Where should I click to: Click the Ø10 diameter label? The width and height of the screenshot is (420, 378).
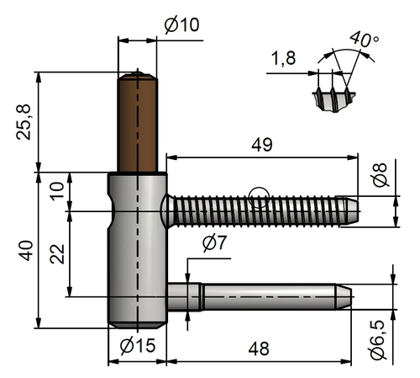tap(181, 25)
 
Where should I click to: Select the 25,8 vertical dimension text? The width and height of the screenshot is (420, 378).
tap(26, 123)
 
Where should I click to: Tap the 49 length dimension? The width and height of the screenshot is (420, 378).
tap(262, 144)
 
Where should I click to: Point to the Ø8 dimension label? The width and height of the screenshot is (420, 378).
tap(381, 178)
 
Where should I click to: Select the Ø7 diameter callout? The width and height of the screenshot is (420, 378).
tap(215, 245)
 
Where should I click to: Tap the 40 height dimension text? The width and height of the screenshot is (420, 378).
tap(26, 251)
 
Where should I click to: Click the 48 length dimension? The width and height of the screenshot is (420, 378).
tap(260, 345)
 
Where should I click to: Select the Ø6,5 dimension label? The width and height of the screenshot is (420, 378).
tap(380, 337)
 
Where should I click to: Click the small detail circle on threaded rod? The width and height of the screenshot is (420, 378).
tap(260, 198)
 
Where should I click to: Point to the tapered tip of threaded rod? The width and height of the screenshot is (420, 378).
tap(351, 206)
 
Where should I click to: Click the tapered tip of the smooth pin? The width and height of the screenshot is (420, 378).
tap(344, 297)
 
